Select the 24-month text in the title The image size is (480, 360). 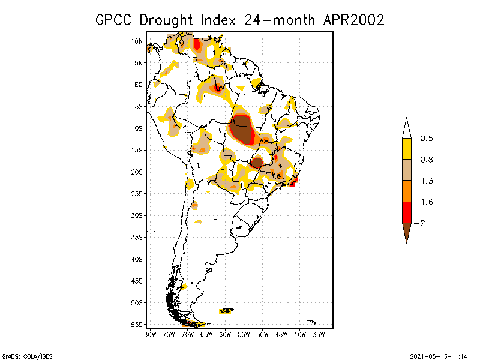coord(280,20)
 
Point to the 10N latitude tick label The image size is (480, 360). coord(137,41)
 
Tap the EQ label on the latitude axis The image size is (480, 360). coord(138,85)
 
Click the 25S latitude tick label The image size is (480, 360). coord(137,193)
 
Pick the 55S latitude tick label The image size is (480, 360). coord(137,324)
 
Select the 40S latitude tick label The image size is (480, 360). coord(137,259)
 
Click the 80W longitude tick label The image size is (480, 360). coord(150,334)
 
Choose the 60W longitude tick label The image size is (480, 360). coord(224,334)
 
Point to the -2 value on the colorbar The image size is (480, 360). coord(422,223)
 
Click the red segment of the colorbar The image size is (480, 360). coord(407,212)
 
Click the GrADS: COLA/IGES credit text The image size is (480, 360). coord(20,355)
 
